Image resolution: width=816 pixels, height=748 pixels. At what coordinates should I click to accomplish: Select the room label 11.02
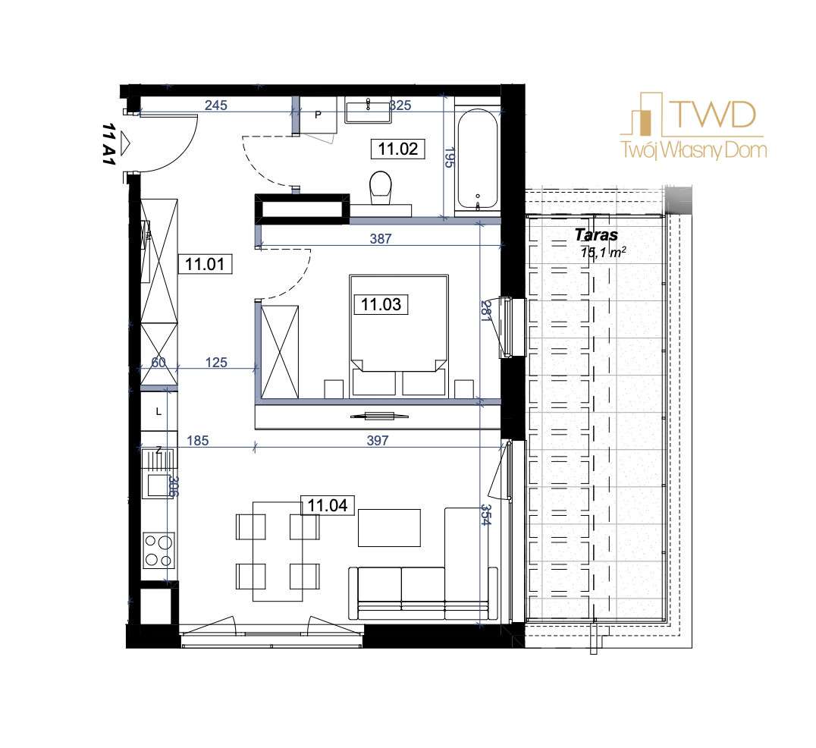398,149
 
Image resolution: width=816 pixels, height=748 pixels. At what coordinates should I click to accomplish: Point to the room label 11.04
328,504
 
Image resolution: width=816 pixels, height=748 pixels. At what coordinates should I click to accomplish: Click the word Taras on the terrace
596,235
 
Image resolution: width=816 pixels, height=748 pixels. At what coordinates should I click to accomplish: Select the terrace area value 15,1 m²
604,253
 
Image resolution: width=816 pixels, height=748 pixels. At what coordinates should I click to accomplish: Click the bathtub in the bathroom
478,160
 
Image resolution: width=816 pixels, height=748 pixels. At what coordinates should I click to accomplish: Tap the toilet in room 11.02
381,187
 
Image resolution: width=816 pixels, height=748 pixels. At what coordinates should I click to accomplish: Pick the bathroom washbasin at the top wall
368,110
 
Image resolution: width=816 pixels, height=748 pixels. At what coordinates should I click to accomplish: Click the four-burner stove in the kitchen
158,551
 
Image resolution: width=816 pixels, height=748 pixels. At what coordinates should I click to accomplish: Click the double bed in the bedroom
398,334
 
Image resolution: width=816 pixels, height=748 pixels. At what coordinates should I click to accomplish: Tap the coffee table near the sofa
389,527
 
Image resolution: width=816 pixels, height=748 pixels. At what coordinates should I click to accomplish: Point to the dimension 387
380,238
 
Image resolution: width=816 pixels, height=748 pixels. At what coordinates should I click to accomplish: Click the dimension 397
377,441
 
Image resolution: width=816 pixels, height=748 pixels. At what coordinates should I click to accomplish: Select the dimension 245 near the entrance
216,106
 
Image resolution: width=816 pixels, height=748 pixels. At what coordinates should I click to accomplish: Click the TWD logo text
712,115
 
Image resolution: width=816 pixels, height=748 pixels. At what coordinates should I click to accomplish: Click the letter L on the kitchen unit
158,412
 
